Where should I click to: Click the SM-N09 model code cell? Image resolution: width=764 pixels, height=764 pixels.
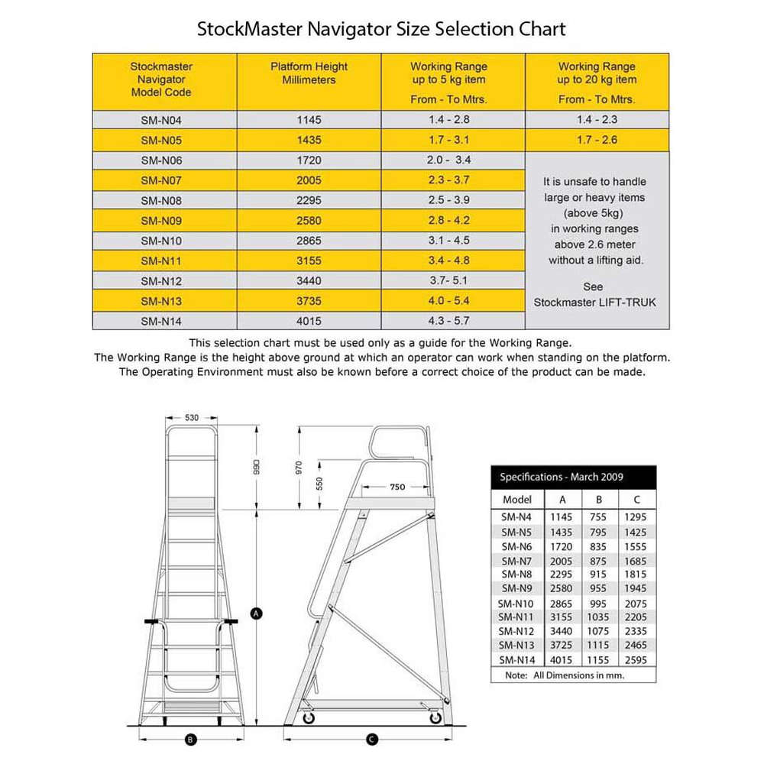coord(161,221)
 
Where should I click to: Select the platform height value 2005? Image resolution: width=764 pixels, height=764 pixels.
coord(309,180)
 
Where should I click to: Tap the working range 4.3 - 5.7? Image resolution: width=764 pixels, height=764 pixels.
coord(448,321)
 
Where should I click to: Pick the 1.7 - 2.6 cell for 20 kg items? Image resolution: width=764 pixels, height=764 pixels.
coord(597,140)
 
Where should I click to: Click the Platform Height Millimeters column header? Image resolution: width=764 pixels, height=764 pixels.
coord(309,73)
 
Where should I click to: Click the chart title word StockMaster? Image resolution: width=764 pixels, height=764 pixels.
coord(250,29)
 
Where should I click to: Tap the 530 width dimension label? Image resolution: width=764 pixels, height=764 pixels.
coord(192,418)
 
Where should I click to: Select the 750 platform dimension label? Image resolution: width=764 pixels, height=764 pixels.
coord(397,487)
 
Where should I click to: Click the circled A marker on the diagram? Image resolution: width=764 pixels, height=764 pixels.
coord(256,613)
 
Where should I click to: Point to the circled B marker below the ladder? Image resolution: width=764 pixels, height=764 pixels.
coord(190,740)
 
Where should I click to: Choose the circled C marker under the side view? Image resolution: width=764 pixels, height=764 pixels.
coord(372,740)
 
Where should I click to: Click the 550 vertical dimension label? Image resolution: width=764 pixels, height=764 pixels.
coord(319,484)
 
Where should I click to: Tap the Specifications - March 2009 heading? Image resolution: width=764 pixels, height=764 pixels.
coord(562,477)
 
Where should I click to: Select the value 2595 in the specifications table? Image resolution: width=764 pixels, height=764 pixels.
coord(636,660)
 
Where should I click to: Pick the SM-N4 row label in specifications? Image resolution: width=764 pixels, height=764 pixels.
coord(516,517)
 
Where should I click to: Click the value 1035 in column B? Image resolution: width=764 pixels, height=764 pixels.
coord(598,617)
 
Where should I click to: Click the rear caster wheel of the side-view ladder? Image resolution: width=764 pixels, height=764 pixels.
coord(435,717)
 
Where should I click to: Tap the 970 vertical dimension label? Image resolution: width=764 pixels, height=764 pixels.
coord(299,468)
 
